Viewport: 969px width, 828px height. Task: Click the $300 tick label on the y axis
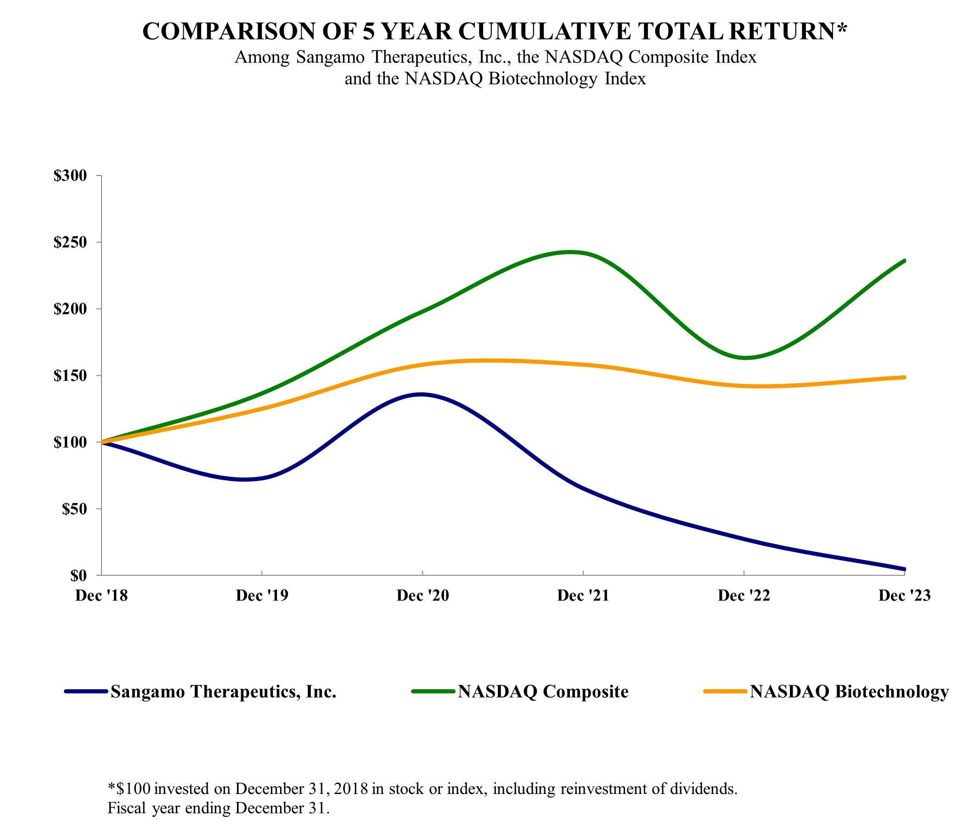pyautogui.click(x=70, y=176)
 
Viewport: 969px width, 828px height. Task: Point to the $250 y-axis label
pyautogui.click(x=70, y=242)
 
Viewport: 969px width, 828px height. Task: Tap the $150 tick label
pyautogui.click(x=70, y=376)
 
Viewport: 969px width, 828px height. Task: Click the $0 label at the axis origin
pyautogui.click(x=78, y=576)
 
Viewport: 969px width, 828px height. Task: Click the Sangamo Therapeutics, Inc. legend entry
pyautogui.click(x=223, y=692)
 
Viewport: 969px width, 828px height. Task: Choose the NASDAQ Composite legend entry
pyautogui.click(x=542, y=692)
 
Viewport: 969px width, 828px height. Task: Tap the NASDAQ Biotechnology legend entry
pyautogui.click(x=849, y=692)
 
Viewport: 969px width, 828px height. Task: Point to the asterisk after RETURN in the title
pyautogui.click(x=842, y=28)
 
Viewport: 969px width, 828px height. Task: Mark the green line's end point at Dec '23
pyautogui.click(x=904, y=261)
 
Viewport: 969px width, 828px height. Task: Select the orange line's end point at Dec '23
pyautogui.click(x=904, y=377)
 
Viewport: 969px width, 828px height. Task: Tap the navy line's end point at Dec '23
pyautogui.click(x=904, y=569)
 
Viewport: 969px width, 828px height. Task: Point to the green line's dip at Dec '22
pyautogui.click(x=744, y=357)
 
